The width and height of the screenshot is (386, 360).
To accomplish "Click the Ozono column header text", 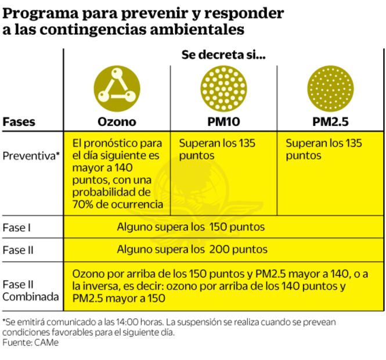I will [x=116, y=122].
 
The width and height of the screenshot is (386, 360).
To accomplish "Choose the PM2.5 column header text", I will [x=329, y=122].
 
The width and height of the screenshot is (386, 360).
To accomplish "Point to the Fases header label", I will [x=19, y=122].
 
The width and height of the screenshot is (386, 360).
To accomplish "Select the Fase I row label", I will [x=17, y=228].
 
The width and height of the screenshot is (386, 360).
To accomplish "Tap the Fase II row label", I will [x=19, y=250].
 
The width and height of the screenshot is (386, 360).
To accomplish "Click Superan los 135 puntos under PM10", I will [x=217, y=149].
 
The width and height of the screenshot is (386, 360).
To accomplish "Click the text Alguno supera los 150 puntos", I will [x=192, y=227].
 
